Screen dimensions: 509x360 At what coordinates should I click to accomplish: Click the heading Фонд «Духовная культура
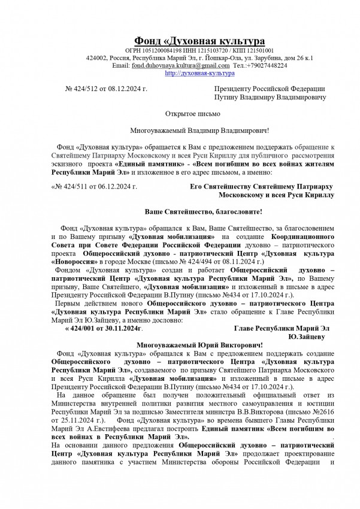click(199, 41)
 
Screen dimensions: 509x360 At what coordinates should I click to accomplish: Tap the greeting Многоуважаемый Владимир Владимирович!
click(200, 130)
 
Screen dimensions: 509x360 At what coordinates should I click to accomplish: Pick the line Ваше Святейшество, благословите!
click(204, 212)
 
